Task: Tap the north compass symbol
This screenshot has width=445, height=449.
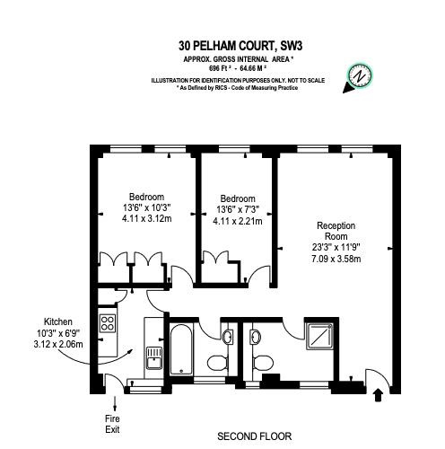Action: click(361, 76)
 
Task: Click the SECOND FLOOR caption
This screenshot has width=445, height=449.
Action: click(254, 436)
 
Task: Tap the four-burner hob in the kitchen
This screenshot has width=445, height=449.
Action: click(109, 321)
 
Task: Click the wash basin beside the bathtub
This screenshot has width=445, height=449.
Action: click(230, 337)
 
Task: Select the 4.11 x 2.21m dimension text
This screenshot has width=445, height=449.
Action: click(238, 222)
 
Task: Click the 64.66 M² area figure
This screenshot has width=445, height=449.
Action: click(246, 67)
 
